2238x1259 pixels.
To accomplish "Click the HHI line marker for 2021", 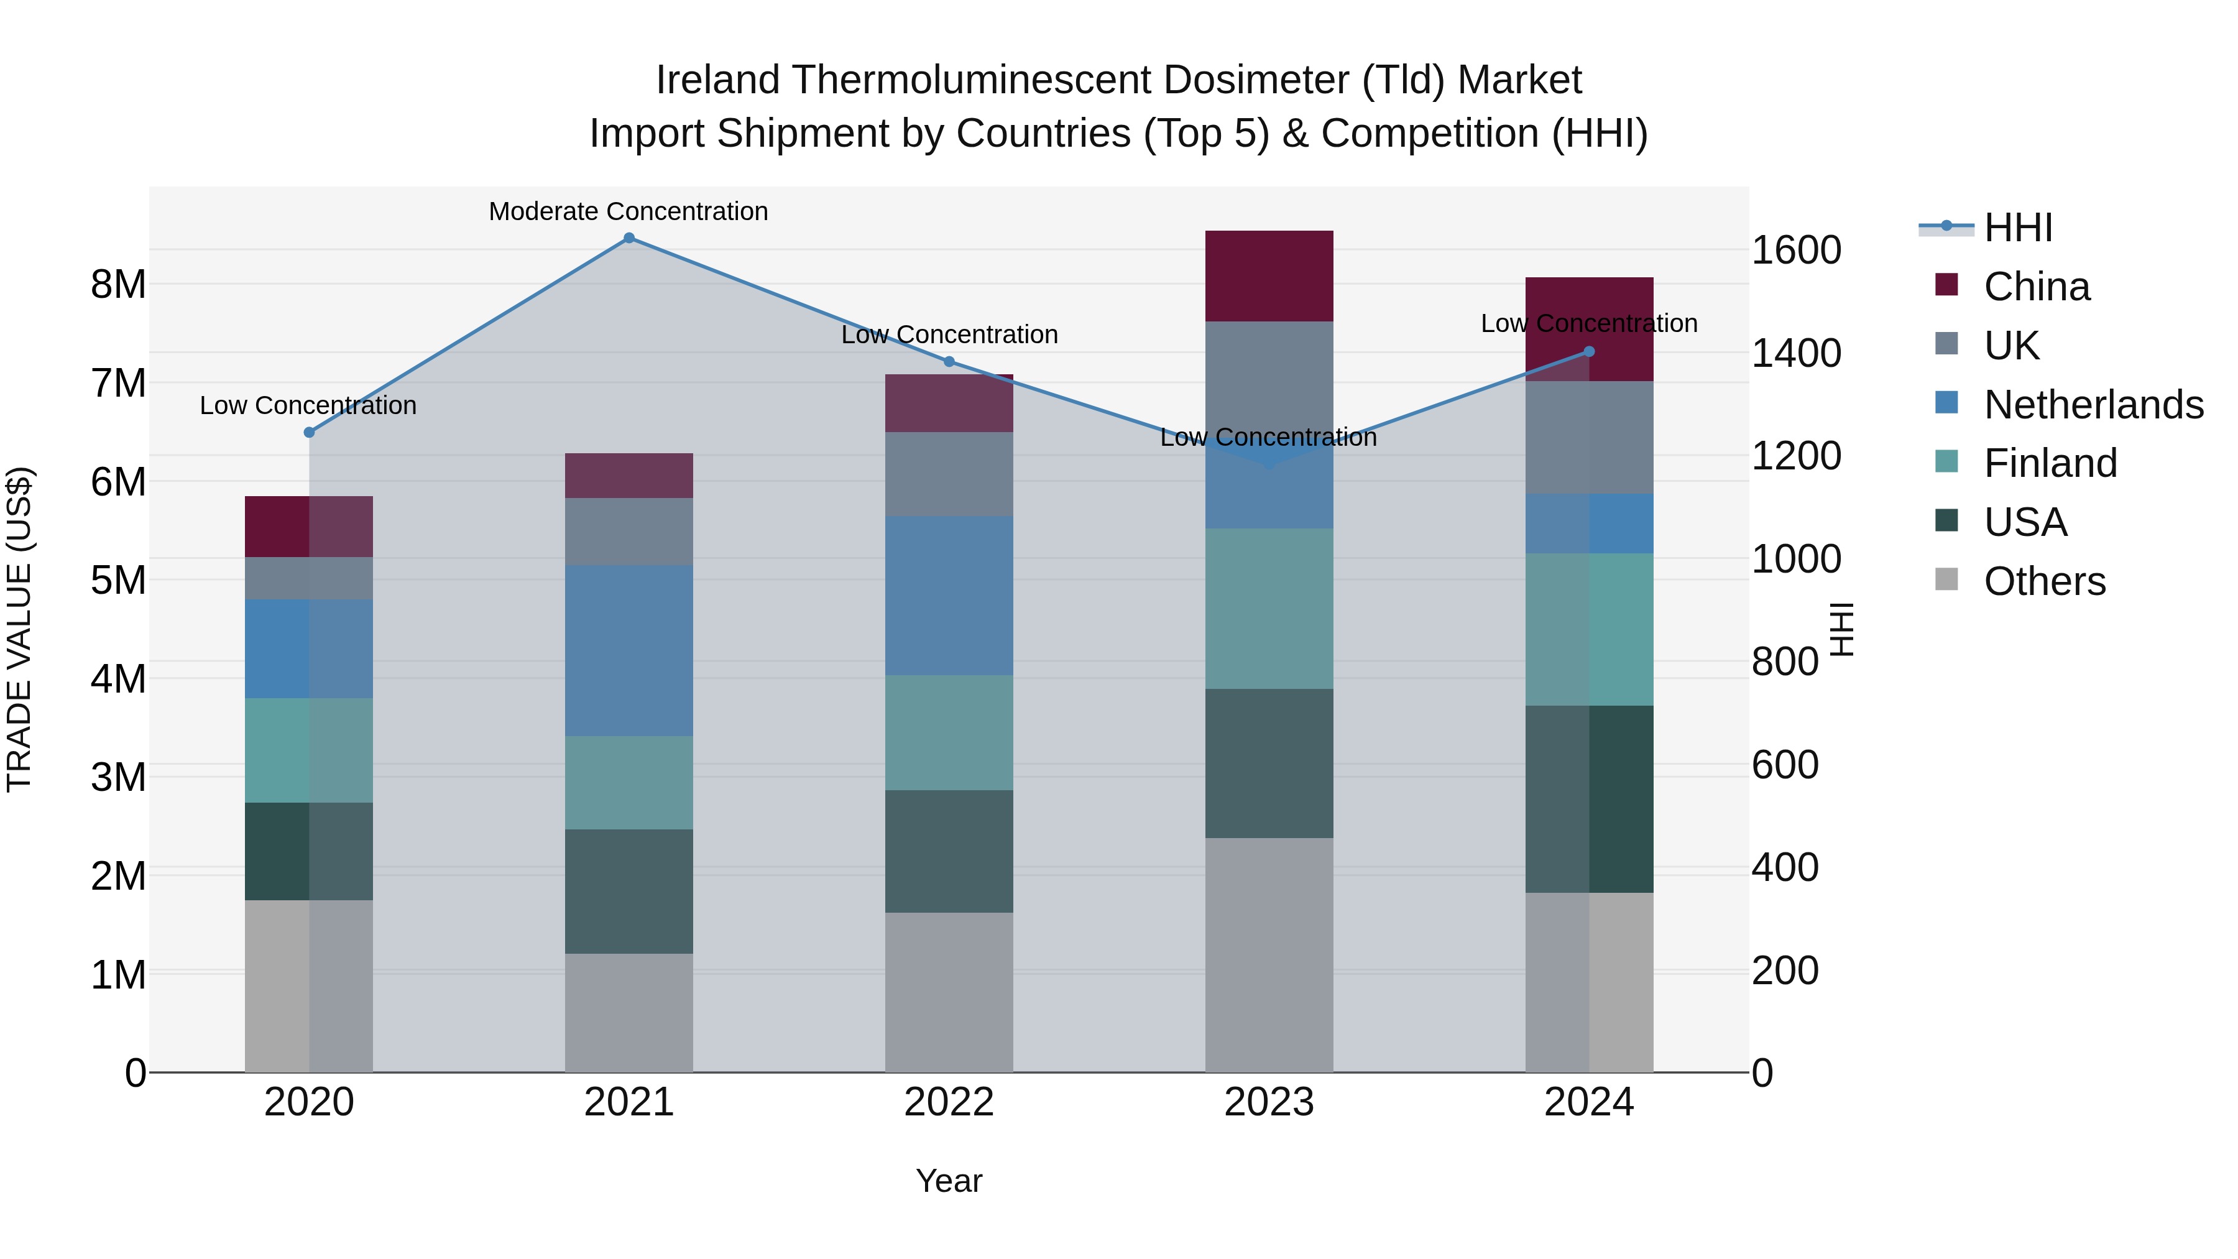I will click(629, 238).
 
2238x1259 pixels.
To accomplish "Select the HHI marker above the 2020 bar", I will click(310, 432).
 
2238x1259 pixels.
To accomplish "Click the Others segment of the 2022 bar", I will click(949, 992).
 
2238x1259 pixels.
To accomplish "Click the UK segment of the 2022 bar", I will click(949, 474).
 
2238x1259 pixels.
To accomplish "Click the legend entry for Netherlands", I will click(2093, 405).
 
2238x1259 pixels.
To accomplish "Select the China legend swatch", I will click(1947, 285).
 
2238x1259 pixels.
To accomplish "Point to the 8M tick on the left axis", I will click(118, 284).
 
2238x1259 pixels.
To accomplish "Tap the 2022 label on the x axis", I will click(949, 1102).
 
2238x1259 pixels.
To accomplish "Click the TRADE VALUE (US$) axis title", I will click(19, 629).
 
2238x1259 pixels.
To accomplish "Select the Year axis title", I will click(949, 1181).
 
